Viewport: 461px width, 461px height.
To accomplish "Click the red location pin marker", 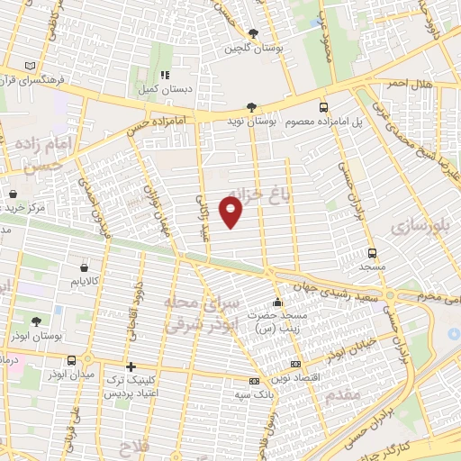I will (x=232, y=212).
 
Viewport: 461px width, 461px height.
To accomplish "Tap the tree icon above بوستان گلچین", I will (x=254, y=33).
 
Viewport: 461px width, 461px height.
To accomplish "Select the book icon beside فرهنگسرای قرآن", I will (x=32, y=67).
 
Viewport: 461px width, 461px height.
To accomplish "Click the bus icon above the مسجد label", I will (x=372, y=253).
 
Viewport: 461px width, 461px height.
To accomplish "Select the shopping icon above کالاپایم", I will (x=84, y=267).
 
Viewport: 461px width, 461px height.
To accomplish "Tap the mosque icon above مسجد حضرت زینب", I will (x=278, y=302).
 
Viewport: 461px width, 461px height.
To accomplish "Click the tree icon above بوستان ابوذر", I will (x=36, y=321).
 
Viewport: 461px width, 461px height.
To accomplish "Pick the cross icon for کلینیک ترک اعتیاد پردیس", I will (x=131, y=366).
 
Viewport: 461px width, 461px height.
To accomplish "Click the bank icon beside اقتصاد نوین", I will (x=296, y=365).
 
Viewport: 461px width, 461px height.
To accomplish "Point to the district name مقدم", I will (x=339, y=393).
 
